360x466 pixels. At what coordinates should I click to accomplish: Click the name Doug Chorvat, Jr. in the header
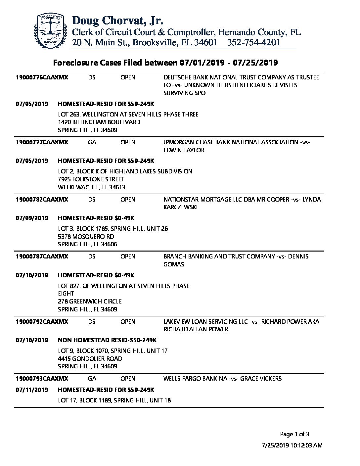click(117, 21)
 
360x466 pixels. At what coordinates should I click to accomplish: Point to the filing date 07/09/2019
click(32, 218)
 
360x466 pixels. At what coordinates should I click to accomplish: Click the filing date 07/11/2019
click(32, 390)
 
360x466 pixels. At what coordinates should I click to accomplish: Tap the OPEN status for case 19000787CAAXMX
click(128, 256)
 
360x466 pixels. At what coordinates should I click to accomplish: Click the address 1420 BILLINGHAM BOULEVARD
click(99, 122)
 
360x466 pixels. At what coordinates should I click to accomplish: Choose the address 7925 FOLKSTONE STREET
click(91, 179)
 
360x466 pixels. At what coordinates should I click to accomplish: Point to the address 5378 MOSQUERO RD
click(86, 237)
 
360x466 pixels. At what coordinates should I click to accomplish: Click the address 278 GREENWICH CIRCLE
click(90, 302)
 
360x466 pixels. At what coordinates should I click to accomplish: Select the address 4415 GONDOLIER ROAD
click(90, 359)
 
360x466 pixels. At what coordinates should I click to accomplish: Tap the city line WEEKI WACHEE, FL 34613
click(92, 187)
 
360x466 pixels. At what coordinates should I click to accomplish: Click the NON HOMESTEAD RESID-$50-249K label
click(107, 340)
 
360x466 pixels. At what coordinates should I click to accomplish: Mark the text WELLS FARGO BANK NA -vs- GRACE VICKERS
click(222, 379)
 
